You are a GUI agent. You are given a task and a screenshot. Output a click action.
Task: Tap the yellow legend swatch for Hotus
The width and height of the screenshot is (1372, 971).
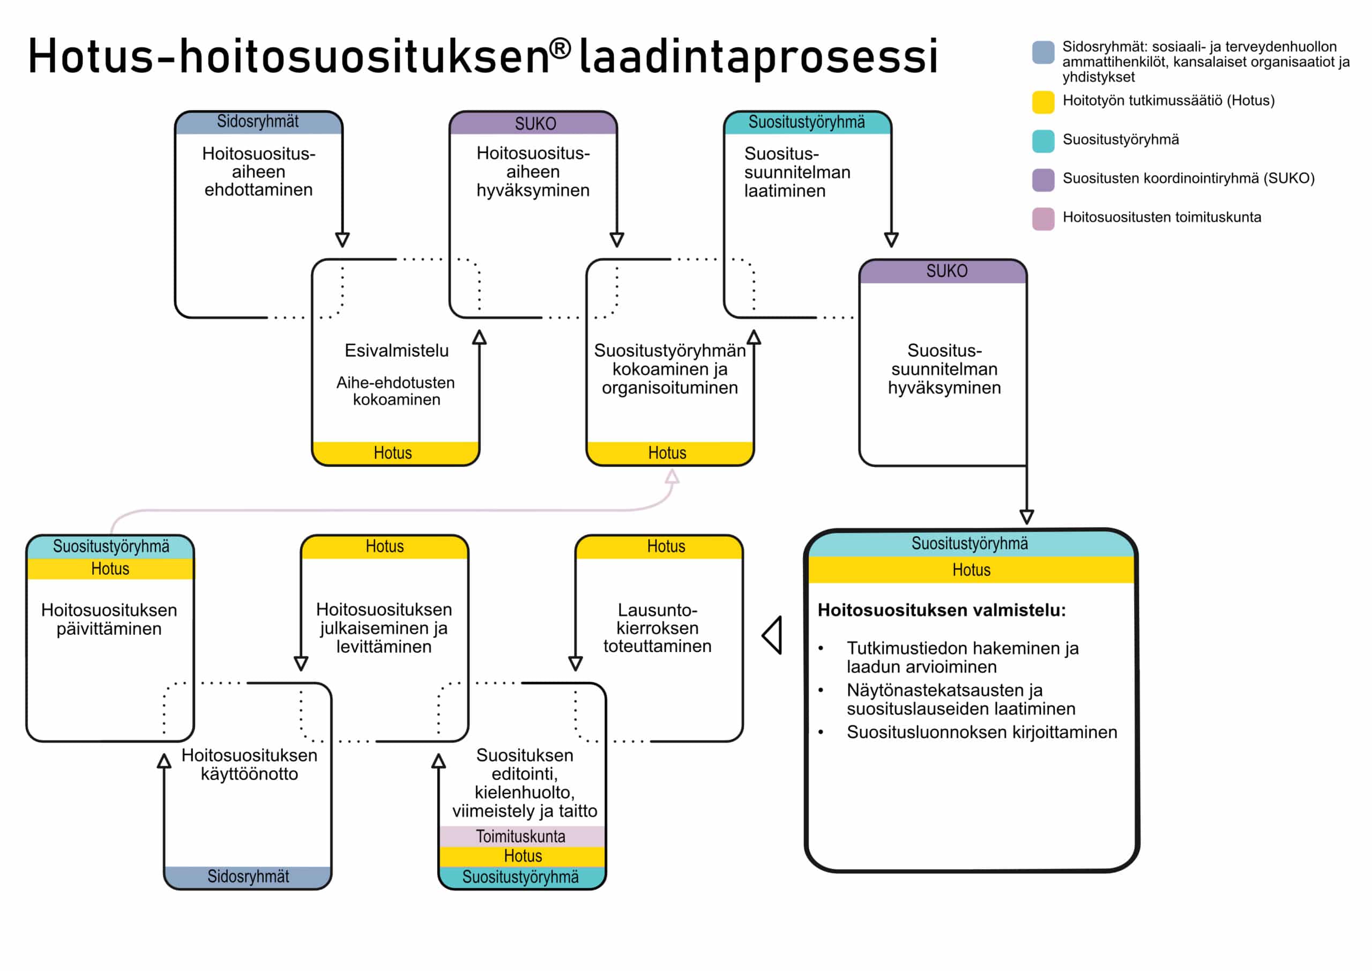point(1043,102)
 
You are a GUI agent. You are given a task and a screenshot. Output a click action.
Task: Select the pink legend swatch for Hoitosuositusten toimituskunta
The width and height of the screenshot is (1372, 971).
point(1043,219)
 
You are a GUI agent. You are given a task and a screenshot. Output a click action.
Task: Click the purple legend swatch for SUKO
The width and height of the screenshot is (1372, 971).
point(1043,180)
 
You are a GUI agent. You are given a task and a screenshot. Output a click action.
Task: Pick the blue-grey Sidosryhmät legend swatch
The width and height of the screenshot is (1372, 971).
point(1043,52)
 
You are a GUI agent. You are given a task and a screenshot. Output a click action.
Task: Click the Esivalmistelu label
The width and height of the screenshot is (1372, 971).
point(396,350)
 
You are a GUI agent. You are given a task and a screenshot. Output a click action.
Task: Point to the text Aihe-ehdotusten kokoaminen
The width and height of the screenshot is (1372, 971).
point(396,391)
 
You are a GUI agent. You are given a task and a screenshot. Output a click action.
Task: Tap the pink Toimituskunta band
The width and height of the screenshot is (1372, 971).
point(522,836)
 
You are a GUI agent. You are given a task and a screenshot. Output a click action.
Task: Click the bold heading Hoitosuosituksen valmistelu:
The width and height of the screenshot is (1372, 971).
point(942,610)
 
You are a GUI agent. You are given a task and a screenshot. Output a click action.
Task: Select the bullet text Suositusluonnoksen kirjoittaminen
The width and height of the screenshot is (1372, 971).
point(982,732)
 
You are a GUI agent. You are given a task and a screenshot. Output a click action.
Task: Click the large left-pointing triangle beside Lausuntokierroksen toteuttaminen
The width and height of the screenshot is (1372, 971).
point(772,635)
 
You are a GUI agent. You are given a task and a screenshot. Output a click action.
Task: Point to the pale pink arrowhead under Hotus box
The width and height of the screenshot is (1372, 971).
point(672,476)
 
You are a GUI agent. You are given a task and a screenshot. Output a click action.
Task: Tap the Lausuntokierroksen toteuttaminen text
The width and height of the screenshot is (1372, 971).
point(657,628)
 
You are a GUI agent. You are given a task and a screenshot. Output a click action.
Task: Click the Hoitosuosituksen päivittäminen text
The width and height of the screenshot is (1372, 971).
point(109,619)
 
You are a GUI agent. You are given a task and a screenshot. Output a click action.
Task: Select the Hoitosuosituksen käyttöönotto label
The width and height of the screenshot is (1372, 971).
point(249,764)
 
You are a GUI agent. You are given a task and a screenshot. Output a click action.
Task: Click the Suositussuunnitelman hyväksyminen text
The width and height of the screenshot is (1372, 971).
point(944,369)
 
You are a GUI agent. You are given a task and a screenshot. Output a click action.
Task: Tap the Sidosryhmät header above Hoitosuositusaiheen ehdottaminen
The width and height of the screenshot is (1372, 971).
point(258,122)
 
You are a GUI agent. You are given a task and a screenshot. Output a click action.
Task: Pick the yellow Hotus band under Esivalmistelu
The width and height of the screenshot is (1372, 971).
point(396,453)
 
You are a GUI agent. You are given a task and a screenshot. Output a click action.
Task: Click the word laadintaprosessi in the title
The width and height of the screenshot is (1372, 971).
point(758,57)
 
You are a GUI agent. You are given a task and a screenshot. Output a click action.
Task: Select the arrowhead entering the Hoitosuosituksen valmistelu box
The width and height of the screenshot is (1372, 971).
point(1027,516)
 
